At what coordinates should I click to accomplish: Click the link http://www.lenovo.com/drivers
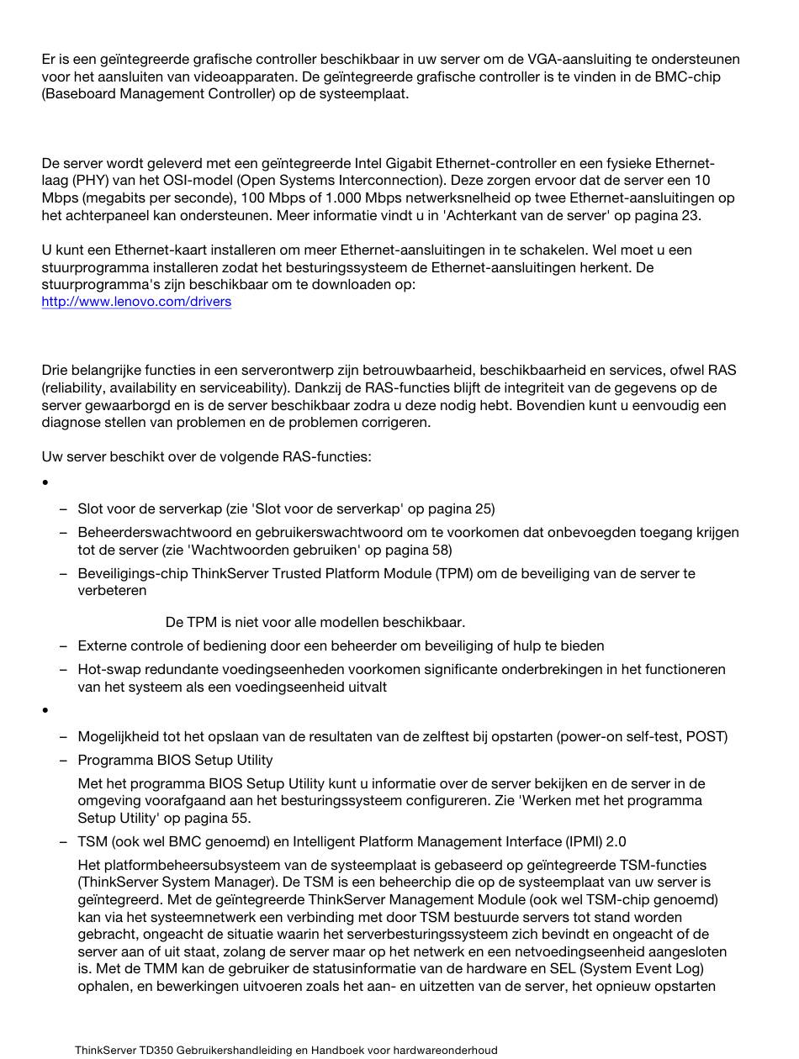point(136,302)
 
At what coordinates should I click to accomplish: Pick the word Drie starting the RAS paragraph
point(56,371)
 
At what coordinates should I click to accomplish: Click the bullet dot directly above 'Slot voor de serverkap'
point(45,483)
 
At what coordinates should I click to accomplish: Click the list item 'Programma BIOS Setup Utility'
point(175,761)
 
